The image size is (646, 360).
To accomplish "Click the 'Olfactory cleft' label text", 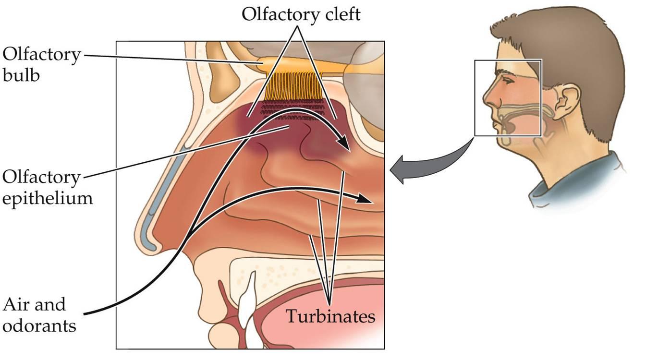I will coord(301,14).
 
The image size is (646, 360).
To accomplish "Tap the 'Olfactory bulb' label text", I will coord(41,65).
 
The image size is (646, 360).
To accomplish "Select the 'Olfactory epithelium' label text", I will coord(47,188).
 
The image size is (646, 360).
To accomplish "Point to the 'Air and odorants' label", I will coord(39,315).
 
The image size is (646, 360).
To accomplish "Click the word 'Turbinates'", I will coord(330,317).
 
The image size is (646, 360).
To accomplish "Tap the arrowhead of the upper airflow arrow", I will coord(343,143).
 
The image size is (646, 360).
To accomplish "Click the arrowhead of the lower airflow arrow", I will coord(367,200).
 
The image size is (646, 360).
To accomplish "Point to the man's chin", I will coord(507,143).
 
